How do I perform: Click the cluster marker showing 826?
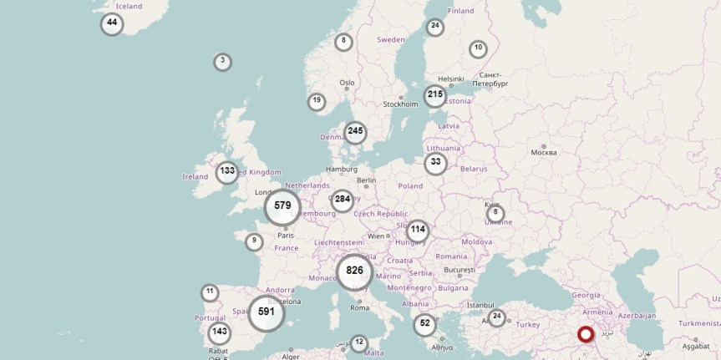(355, 271)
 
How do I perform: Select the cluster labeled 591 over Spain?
(267, 312)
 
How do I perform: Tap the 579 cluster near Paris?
(282, 206)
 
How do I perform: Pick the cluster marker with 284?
(342, 200)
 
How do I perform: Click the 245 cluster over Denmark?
(355, 131)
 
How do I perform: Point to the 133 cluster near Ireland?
(226, 172)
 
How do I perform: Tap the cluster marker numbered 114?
(418, 230)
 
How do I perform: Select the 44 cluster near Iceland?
(112, 23)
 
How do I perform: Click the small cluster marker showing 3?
(222, 62)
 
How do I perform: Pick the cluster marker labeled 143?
(219, 332)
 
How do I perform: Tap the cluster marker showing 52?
(425, 323)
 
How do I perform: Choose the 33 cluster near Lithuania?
(435, 163)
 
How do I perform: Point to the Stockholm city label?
(400, 104)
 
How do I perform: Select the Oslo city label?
(347, 83)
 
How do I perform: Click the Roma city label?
(360, 307)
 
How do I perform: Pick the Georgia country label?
(585, 295)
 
